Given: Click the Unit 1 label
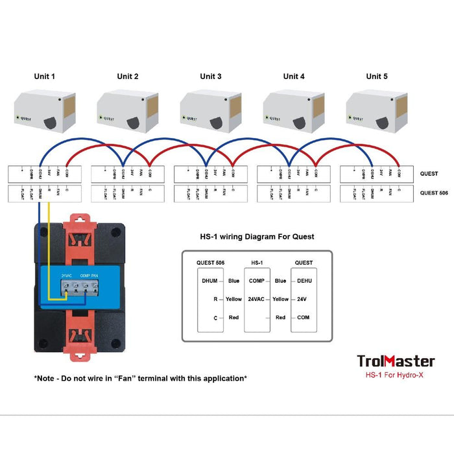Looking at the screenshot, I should pos(44,77).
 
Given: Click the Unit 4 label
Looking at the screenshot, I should pos(294,77).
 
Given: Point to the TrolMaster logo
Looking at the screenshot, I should pos(396,361).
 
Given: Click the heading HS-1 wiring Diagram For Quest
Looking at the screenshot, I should pos(257,237).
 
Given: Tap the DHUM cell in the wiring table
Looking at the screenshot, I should pos(209,281).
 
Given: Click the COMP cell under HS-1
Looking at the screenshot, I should pos(256,281).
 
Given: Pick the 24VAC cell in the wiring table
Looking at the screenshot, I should pos(256,299).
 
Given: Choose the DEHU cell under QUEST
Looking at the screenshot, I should pos(304,281).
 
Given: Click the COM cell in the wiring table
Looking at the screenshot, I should pos(304,317).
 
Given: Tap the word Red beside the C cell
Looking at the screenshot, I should pos(233,317).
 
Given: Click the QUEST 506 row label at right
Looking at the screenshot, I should pos(433,193).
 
